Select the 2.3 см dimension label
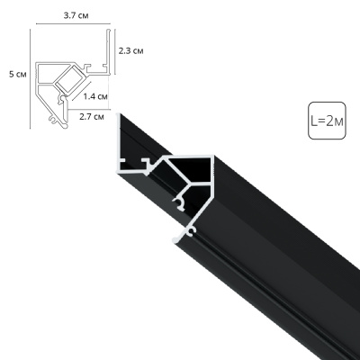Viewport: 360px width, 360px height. coord(131,51)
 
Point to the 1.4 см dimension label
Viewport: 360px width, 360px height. coord(96,95)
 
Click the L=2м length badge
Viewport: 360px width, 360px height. coord(326,121)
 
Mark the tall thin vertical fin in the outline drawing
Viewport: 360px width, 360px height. coord(111,49)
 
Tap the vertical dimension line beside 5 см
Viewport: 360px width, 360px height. coord(30,76)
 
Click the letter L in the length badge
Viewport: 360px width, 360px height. coord(314,121)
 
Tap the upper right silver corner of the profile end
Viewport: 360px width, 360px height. coord(212,160)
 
